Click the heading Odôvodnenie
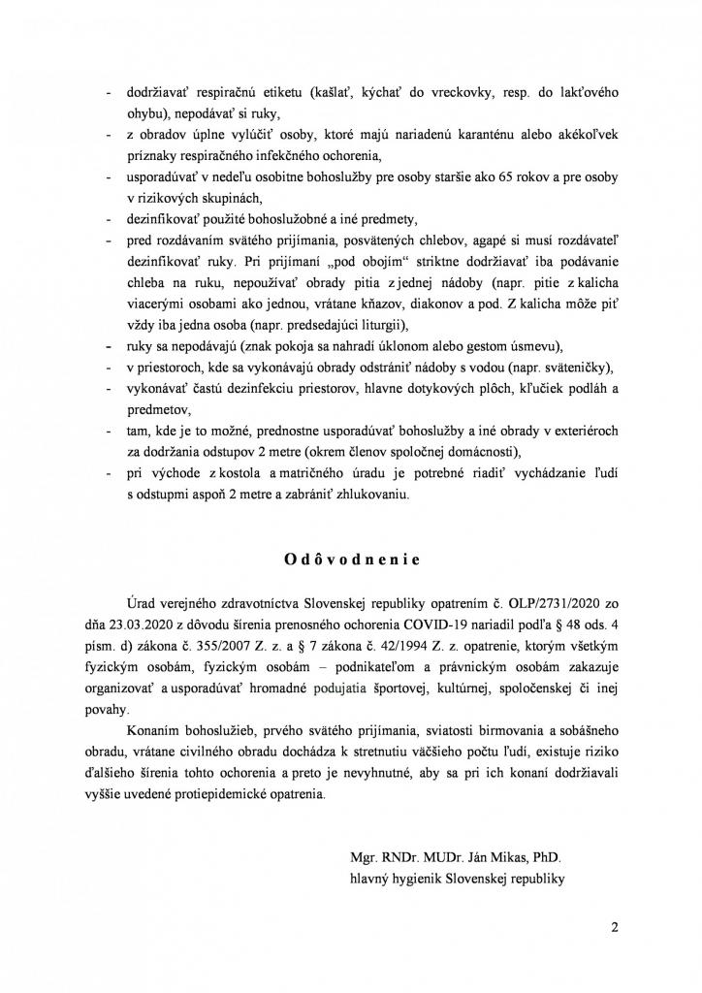click(351, 560)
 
